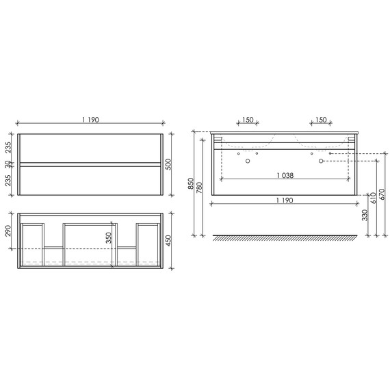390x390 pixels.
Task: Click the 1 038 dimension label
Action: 286,174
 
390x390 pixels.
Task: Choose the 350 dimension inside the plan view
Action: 109,237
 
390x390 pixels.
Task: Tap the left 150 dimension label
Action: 248,120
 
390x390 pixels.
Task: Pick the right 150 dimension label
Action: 320,120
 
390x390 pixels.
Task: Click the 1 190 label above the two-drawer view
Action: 91,120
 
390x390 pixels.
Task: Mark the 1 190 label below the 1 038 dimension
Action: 286,199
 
